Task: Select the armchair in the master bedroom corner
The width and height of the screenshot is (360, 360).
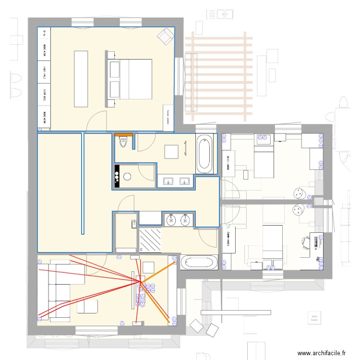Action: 166,36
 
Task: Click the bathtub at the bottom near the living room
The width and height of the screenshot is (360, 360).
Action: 201,263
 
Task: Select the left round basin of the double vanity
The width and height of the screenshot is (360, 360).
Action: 171,220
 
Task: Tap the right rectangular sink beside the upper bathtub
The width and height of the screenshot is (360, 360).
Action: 184,181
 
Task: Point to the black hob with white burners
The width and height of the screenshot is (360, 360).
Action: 117,176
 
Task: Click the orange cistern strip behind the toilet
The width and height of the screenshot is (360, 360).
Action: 123,134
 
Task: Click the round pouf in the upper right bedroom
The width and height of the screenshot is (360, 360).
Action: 300,193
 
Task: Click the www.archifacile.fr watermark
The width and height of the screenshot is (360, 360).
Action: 322,353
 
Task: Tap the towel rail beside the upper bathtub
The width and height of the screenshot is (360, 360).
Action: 186,148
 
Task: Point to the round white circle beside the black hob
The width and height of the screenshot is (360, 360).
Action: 127,176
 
